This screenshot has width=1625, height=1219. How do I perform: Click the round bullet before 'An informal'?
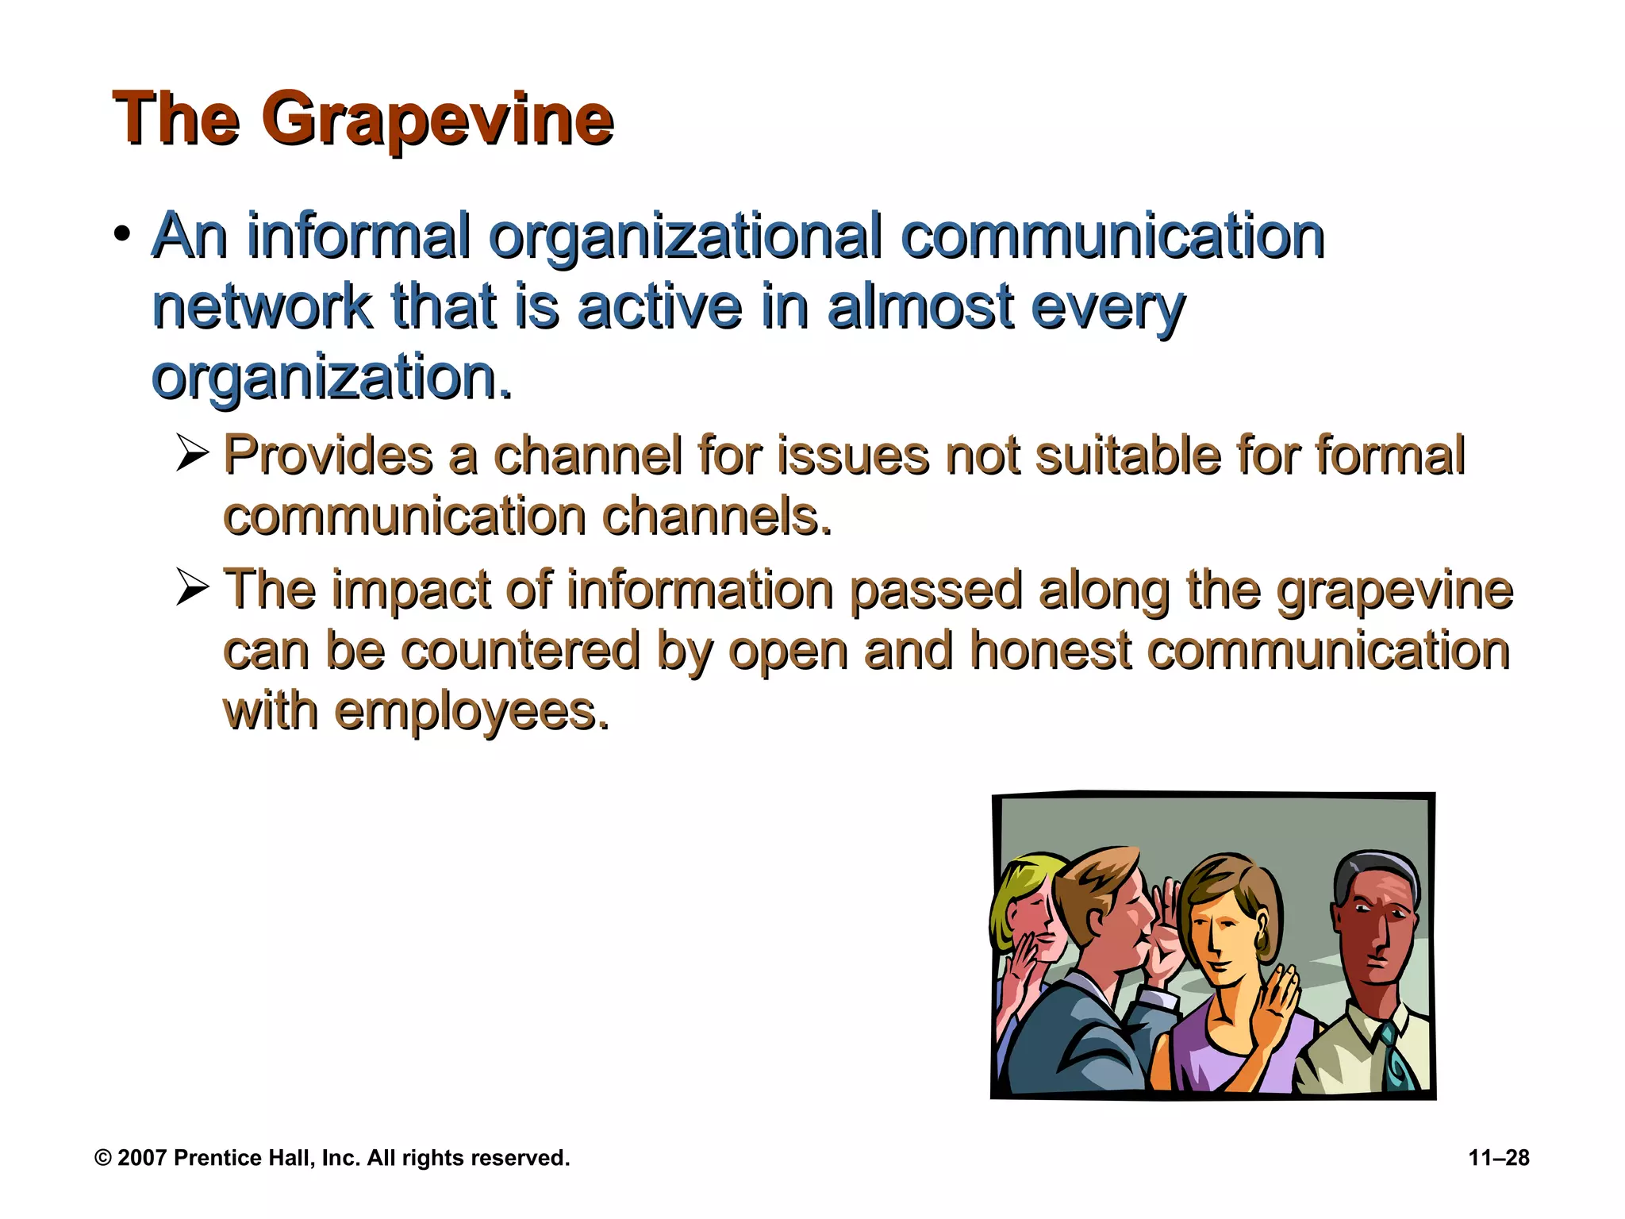pos(121,235)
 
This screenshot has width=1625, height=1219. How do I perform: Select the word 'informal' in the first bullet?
pos(359,236)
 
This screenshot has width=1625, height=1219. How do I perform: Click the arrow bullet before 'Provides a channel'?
pos(192,454)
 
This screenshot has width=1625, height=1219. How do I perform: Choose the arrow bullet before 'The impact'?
pos(192,588)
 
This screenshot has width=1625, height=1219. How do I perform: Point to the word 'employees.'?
pos(472,712)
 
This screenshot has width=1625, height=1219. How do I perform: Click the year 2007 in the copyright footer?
pos(142,1158)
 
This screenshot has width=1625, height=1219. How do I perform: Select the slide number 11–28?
pos(1499,1158)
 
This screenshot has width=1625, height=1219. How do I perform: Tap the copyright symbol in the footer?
pos(102,1158)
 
